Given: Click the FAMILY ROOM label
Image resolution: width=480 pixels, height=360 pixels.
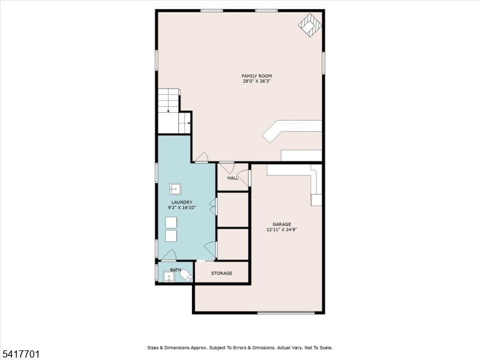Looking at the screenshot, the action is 257,76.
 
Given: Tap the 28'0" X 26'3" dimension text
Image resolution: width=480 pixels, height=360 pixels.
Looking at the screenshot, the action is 257,82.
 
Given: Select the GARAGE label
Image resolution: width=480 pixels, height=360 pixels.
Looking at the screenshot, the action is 281,224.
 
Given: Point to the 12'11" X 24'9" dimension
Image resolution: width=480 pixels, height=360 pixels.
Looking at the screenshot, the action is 281,230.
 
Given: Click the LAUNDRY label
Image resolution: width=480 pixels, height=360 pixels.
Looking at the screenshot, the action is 182,202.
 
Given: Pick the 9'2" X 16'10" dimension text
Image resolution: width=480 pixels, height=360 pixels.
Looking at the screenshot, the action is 182,208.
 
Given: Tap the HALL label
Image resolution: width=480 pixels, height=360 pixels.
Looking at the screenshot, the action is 233,178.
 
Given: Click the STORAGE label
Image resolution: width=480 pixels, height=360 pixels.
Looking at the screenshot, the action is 221,273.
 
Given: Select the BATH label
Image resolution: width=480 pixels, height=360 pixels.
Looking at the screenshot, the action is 176,269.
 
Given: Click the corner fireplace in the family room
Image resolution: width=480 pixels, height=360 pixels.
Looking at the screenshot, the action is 310,25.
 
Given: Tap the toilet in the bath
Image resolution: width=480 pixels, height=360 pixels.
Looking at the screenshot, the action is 186,276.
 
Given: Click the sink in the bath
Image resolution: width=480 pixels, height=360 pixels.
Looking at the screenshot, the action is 169,277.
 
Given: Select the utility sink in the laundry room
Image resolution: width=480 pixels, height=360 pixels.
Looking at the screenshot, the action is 175,189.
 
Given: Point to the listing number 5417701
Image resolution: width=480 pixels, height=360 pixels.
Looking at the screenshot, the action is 20,354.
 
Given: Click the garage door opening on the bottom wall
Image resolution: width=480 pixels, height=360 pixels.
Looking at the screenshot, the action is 286,313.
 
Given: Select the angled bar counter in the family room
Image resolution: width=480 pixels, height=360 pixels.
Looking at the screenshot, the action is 292,131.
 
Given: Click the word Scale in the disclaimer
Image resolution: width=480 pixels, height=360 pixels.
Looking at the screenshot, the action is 325,348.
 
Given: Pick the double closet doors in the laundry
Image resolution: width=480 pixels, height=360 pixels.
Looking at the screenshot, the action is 213,206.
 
